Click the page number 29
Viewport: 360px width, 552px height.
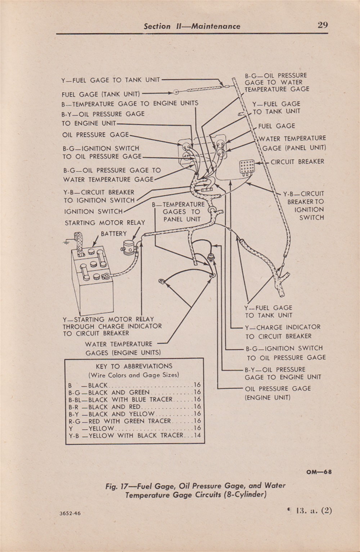click(323, 25)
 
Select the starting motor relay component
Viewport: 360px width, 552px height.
click(129, 248)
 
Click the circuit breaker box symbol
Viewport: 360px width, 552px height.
click(247, 167)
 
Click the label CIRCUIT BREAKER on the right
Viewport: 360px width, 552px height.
click(297, 162)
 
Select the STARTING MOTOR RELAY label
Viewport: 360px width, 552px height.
click(105, 223)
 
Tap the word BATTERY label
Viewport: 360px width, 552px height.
click(114, 234)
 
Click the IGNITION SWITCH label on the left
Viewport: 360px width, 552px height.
click(93, 212)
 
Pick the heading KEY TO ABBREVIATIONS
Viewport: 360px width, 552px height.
click(134, 366)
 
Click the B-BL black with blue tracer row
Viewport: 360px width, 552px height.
click(135, 399)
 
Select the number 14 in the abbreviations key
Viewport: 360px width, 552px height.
click(197, 435)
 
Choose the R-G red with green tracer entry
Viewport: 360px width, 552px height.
click(135, 421)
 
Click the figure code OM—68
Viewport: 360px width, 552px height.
click(319, 472)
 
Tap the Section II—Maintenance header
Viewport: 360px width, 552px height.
click(192, 26)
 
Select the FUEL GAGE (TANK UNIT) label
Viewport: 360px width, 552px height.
click(101, 94)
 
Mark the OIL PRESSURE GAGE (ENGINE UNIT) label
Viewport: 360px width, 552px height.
click(278, 393)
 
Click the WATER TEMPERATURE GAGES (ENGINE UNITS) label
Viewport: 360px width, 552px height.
click(123, 348)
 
